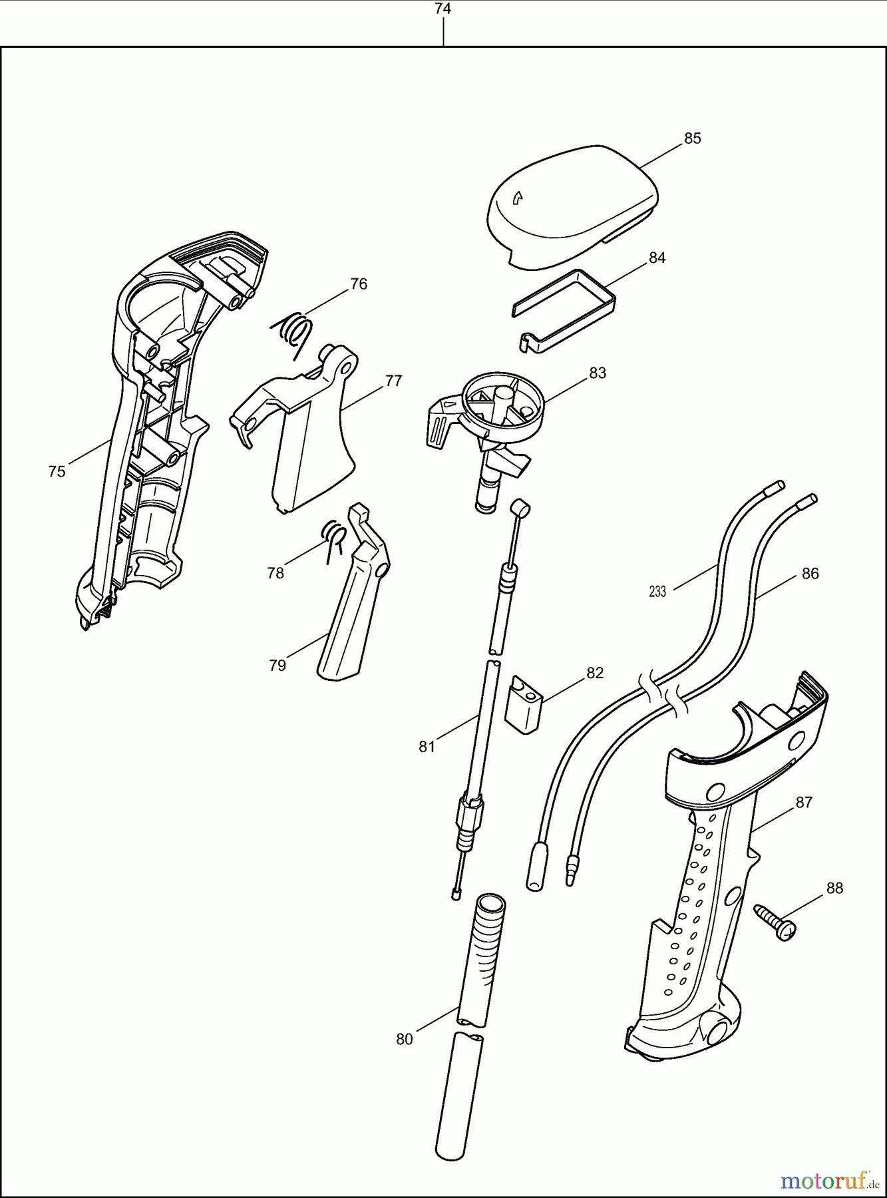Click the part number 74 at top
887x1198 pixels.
tap(443, 9)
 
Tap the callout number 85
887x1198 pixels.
tap(693, 138)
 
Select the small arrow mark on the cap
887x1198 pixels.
tap(517, 197)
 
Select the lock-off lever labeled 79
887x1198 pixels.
tap(349, 612)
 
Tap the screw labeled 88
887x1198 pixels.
tap(775, 921)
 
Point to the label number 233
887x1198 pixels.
tap(657, 591)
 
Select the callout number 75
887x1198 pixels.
tap(57, 472)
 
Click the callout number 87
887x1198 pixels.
tap(804, 803)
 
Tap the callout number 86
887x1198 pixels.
tap(810, 574)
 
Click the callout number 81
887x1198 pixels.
tap(427, 747)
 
